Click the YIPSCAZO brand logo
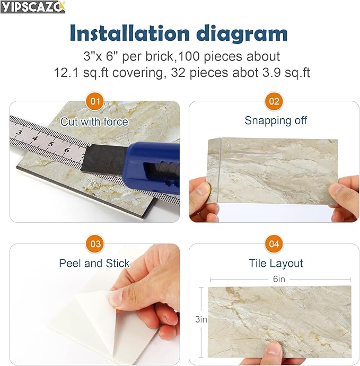[33, 7]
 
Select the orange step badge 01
[95, 101]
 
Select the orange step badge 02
[274, 101]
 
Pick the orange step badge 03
[95, 244]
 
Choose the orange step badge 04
[274, 244]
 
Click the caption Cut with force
[94, 121]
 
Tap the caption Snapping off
[276, 120]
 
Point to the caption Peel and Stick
[94, 263]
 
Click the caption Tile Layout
[276, 263]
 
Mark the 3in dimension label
[201, 319]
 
